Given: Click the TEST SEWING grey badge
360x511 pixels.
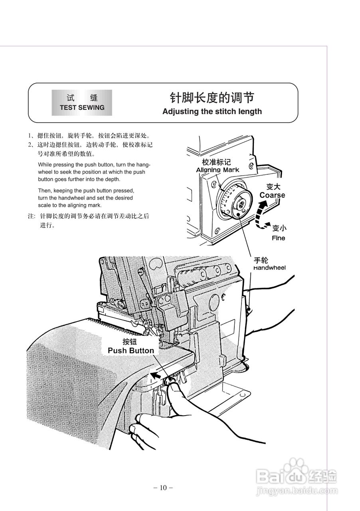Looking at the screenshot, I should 82,103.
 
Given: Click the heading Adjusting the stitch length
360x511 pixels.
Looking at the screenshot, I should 212,111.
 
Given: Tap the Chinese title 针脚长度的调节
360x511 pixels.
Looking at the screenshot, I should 212,97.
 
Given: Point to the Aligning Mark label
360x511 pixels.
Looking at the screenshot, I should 218,170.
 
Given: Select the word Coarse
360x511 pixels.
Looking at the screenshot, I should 272,195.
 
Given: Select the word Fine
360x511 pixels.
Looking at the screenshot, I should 279,238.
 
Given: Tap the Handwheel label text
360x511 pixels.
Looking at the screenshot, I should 269,268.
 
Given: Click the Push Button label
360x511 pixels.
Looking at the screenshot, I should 131,351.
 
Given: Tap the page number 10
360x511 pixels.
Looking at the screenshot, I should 163,487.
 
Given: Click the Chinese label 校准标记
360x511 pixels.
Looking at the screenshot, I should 216,162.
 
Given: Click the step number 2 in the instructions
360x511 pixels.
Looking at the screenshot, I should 30,145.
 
